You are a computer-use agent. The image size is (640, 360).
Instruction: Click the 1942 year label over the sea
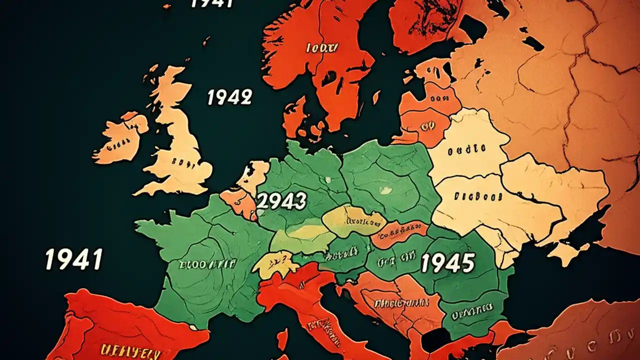229,97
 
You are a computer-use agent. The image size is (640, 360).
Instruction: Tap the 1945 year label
447,262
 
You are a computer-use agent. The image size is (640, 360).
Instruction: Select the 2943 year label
281,201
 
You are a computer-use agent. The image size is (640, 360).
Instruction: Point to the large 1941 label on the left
73,259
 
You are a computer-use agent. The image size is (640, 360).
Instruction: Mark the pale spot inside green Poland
384,190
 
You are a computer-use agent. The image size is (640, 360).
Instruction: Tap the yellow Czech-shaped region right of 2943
352,220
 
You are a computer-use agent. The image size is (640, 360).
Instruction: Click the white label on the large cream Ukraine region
478,196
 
